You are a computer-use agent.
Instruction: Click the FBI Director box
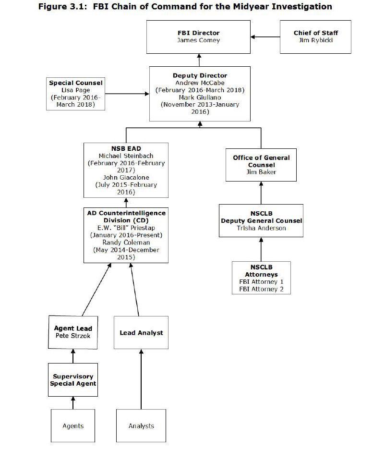pos(198,37)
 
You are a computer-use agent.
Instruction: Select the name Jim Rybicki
pos(315,40)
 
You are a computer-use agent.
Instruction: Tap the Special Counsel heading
pos(76,83)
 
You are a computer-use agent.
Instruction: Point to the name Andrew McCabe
pos(200,83)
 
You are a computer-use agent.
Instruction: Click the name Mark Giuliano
pos(200,97)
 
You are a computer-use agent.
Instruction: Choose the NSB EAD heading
pos(126,148)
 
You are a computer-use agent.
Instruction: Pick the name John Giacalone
pos(126,177)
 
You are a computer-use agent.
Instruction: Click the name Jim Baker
pos(262,172)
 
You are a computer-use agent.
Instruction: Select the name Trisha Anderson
pos(261,228)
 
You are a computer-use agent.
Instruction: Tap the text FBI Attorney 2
pos(261,289)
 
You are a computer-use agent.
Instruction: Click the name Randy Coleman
pos(126,243)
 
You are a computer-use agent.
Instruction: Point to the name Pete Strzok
pos(73,336)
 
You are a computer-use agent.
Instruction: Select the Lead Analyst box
pos(141,332)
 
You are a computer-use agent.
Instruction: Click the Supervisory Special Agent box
pos(73,380)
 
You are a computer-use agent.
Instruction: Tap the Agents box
pos(73,426)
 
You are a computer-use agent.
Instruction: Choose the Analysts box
pos(141,426)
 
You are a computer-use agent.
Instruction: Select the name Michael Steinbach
pos(126,156)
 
